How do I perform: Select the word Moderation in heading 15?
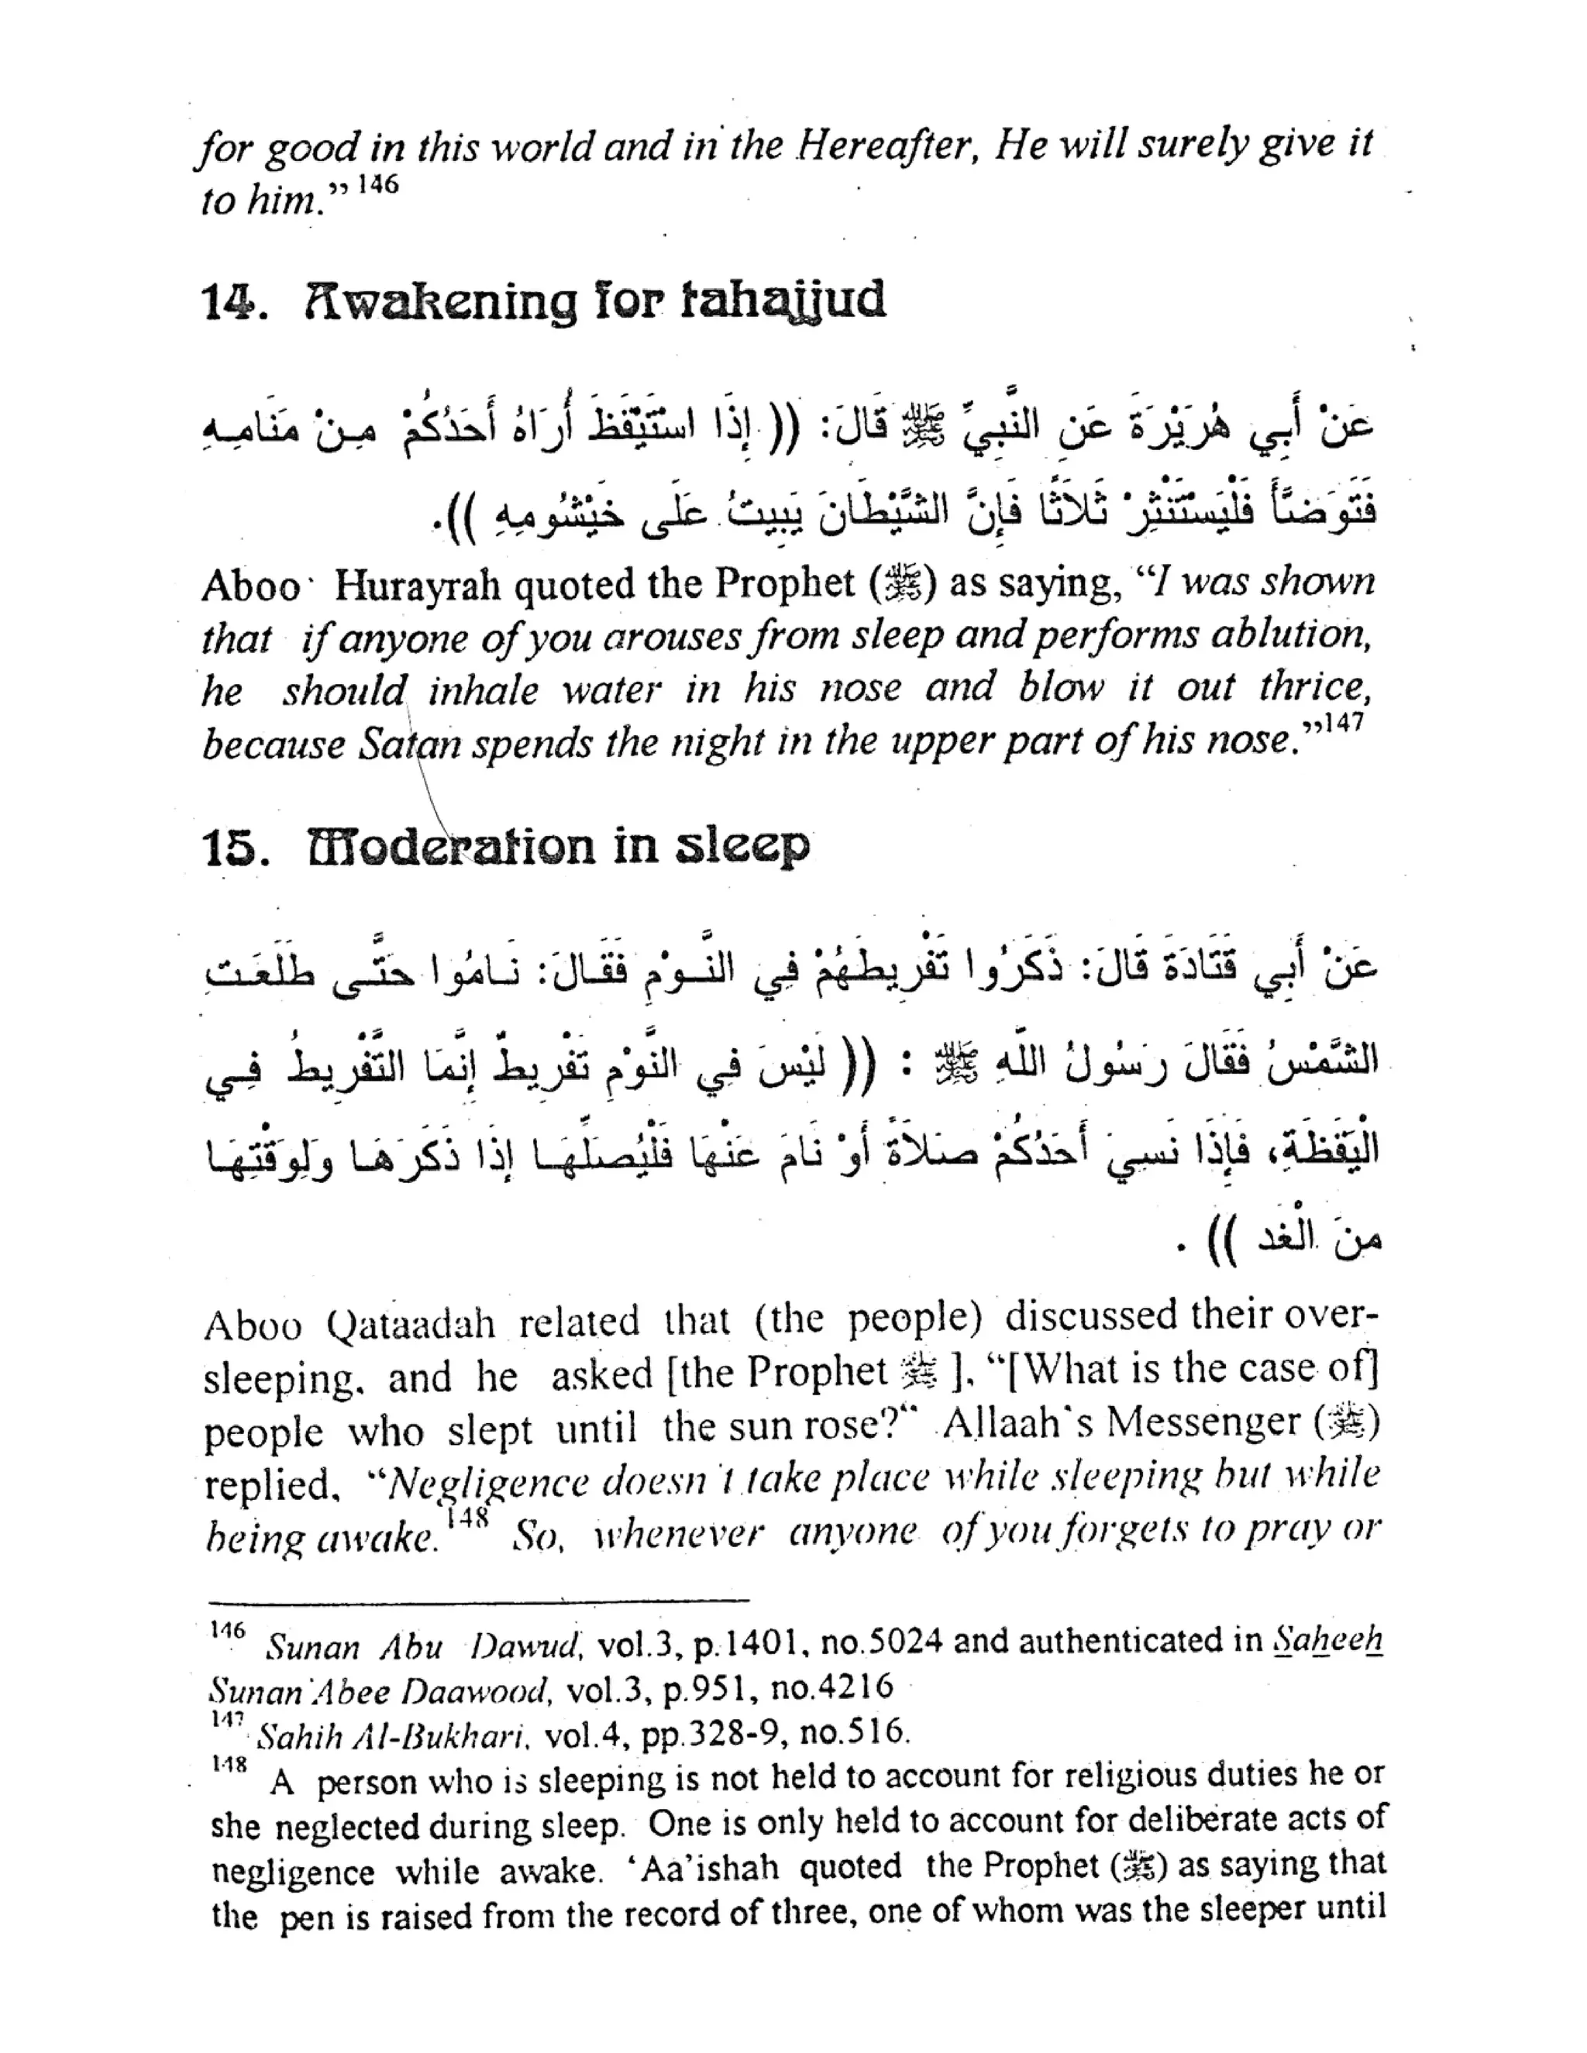coord(451,847)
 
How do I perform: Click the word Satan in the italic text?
coord(411,745)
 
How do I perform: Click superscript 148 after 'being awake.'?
coord(467,1520)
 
